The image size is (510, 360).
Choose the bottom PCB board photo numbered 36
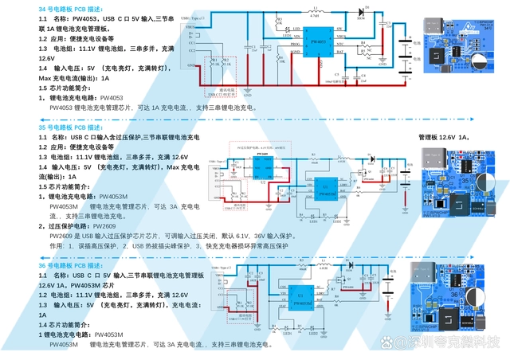point(461,307)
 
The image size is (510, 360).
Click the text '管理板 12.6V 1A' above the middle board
point(443,137)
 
